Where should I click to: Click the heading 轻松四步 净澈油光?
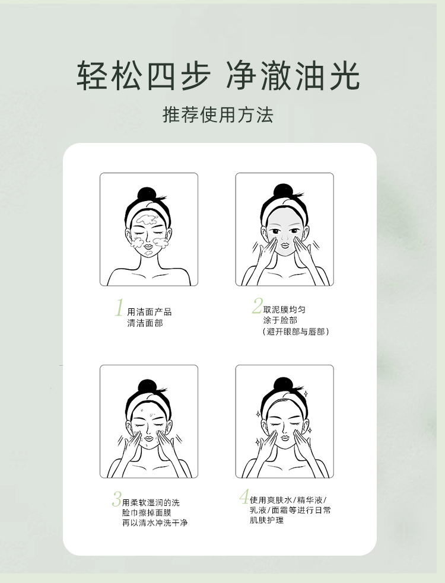pyautogui.click(x=218, y=75)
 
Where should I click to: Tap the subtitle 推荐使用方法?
pyautogui.click(x=218, y=114)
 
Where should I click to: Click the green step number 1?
pyautogui.click(x=119, y=307)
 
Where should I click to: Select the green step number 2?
pyautogui.click(x=257, y=305)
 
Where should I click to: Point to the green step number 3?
pyautogui.click(x=117, y=499)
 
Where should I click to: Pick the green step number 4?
pyautogui.click(x=244, y=496)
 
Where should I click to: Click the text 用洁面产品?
pyautogui.click(x=149, y=312)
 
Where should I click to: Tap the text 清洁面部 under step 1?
pyautogui.click(x=145, y=323)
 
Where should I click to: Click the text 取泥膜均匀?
pyautogui.click(x=284, y=310)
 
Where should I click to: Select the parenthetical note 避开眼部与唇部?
pyautogui.click(x=296, y=332)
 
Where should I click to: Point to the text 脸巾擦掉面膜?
pyautogui.click(x=147, y=513)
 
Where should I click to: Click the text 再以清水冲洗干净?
pyautogui.click(x=155, y=523)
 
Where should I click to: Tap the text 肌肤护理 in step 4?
pyautogui.click(x=266, y=520)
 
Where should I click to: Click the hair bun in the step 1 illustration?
pyautogui.click(x=147, y=194)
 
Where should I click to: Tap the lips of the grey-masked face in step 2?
pyautogui.click(x=284, y=245)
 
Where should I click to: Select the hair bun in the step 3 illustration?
pyautogui.click(x=148, y=387)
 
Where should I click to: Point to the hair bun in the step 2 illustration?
pyautogui.click(x=283, y=192)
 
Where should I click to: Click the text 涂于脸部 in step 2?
pyautogui.click(x=280, y=320)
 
